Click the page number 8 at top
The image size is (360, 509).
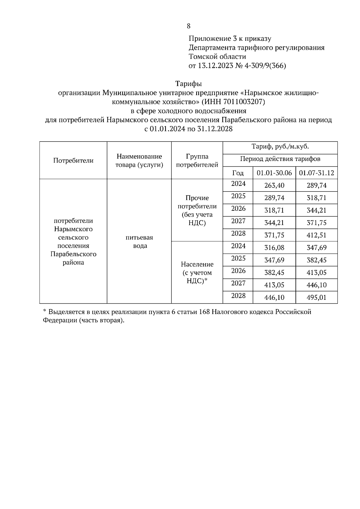(x=188, y=26)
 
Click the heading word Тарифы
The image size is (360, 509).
(x=188, y=83)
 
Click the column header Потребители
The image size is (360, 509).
(x=73, y=160)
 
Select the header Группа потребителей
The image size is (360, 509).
(x=197, y=160)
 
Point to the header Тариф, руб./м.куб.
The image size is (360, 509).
(x=280, y=147)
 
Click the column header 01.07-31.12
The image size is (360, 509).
(x=316, y=173)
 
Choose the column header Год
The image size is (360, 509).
(x=238, y=173)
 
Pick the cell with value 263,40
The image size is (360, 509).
(x=274, y=186)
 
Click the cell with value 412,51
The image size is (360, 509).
(x=316, y=235)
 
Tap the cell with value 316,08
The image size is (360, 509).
(x=274, y=248)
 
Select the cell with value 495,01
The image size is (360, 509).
(x=316, y=297)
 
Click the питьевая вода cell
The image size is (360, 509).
(x=139, y=242)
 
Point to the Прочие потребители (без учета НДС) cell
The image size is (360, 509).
(x=197, y=210)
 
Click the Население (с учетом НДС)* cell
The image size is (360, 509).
(x=197, y=272)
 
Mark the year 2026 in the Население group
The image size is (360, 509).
(x=238, y=271)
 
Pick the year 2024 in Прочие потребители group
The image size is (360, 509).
(x=238, y=184)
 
